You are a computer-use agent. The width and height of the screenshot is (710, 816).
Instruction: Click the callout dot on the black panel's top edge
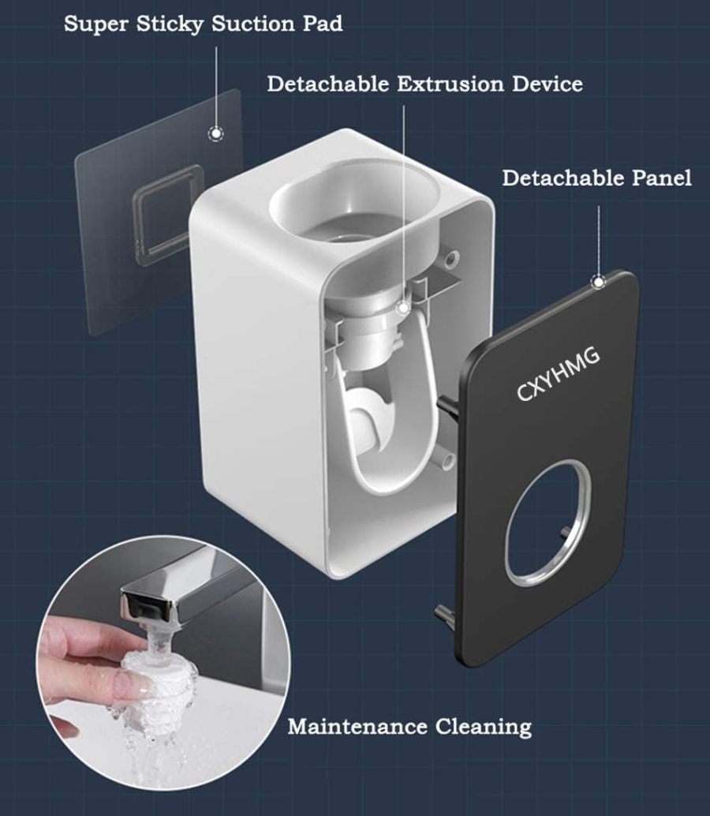(599, 281)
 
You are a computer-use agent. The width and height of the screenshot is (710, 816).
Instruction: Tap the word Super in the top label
(91, 24)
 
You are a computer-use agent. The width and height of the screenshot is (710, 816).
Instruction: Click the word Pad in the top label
(323, 24)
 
